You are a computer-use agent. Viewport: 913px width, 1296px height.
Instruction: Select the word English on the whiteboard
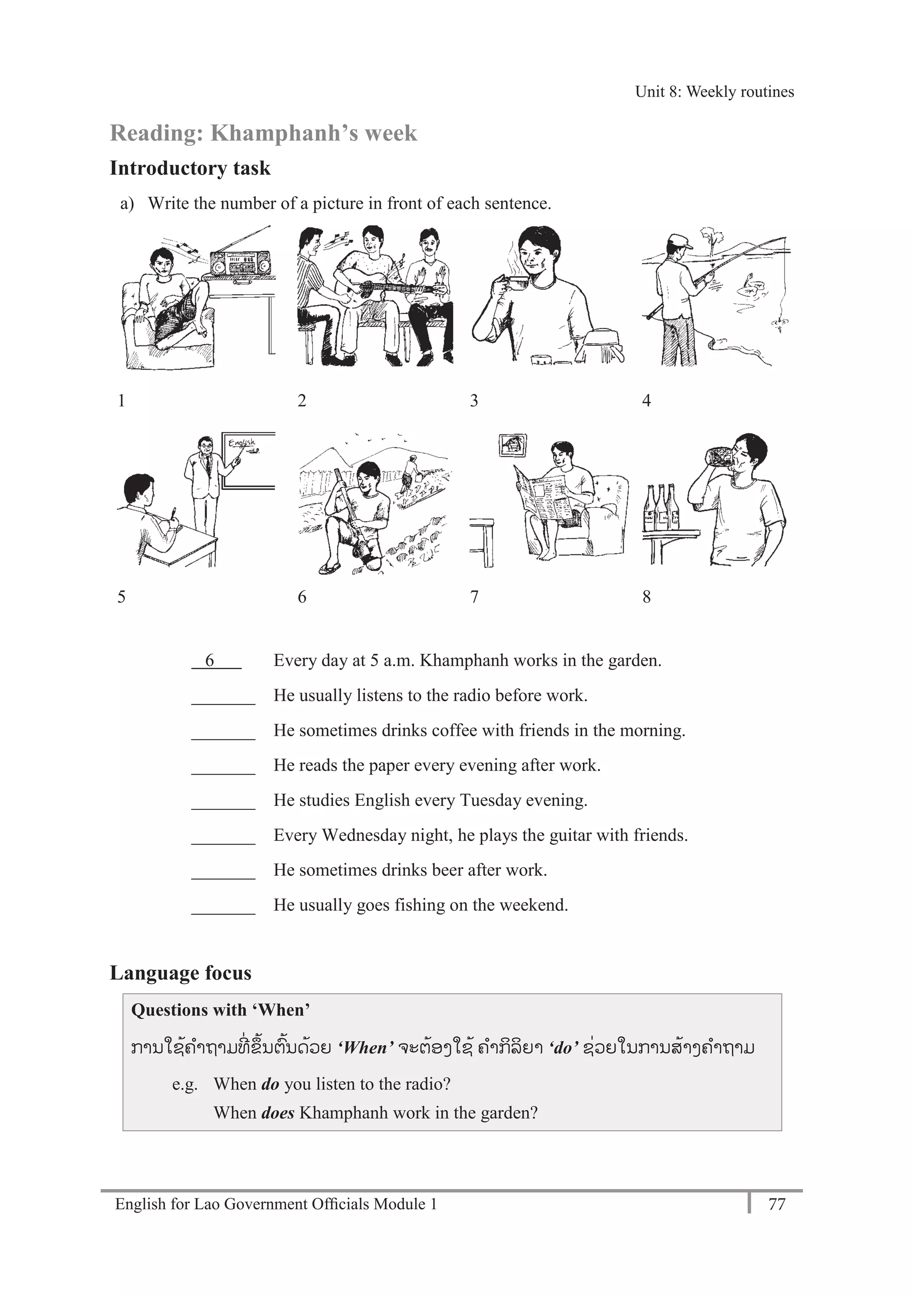(242, 443)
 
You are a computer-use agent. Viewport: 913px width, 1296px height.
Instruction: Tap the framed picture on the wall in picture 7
(513, 445)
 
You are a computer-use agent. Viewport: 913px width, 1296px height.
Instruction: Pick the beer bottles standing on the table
(661, 507)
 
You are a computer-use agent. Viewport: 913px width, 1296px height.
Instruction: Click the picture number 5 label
(121, 597)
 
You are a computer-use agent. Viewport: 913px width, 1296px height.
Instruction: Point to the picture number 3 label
(474, 400)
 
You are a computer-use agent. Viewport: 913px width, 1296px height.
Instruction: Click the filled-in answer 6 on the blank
(210, 660)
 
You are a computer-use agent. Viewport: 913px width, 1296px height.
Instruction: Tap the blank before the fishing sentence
(223, 906)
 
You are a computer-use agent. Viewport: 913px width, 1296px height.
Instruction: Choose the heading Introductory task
(190, 168)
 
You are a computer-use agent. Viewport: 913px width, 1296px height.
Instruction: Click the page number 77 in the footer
(777, 1204)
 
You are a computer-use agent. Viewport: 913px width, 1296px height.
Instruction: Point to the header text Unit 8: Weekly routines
(714, 91)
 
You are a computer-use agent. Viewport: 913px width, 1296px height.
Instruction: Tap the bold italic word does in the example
(277, 1112)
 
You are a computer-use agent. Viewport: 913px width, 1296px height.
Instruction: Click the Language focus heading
(181, 972)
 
